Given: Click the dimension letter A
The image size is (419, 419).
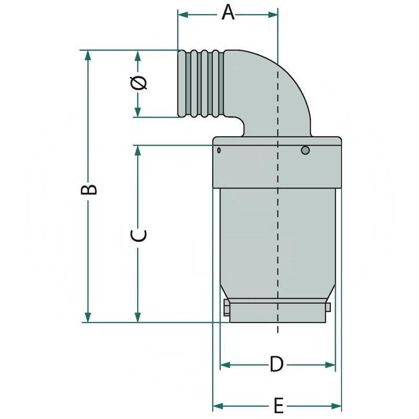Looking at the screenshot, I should click(227, 12).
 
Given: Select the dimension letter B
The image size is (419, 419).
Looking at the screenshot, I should click(90, 189).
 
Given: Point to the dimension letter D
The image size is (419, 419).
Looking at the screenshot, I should click(277, 364).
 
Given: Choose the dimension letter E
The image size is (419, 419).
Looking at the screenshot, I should click(279, 405).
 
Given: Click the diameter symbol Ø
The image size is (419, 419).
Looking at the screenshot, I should click(138, 83).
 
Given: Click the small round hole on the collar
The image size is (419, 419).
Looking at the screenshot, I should click(305, 151).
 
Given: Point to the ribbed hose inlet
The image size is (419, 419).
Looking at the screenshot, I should click(202, 84).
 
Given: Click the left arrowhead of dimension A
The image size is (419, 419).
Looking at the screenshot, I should click(183, 15).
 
